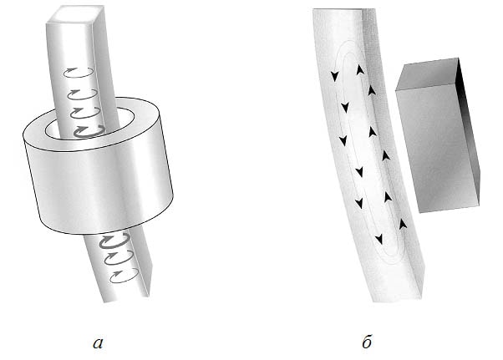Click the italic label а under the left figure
coord(98,343)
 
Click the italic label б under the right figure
coord(367,341)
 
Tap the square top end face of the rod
coord(76,14)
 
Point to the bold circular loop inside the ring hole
coord(89,131)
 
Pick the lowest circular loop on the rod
coord(124,276)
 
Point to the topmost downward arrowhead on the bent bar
coord(335,76)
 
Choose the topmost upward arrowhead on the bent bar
coord(360,69)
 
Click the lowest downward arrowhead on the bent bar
coord(379,239)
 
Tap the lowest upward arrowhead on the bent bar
coord(403,224)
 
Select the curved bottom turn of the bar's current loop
coord(393,256)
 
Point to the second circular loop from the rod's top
coord(82,94)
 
